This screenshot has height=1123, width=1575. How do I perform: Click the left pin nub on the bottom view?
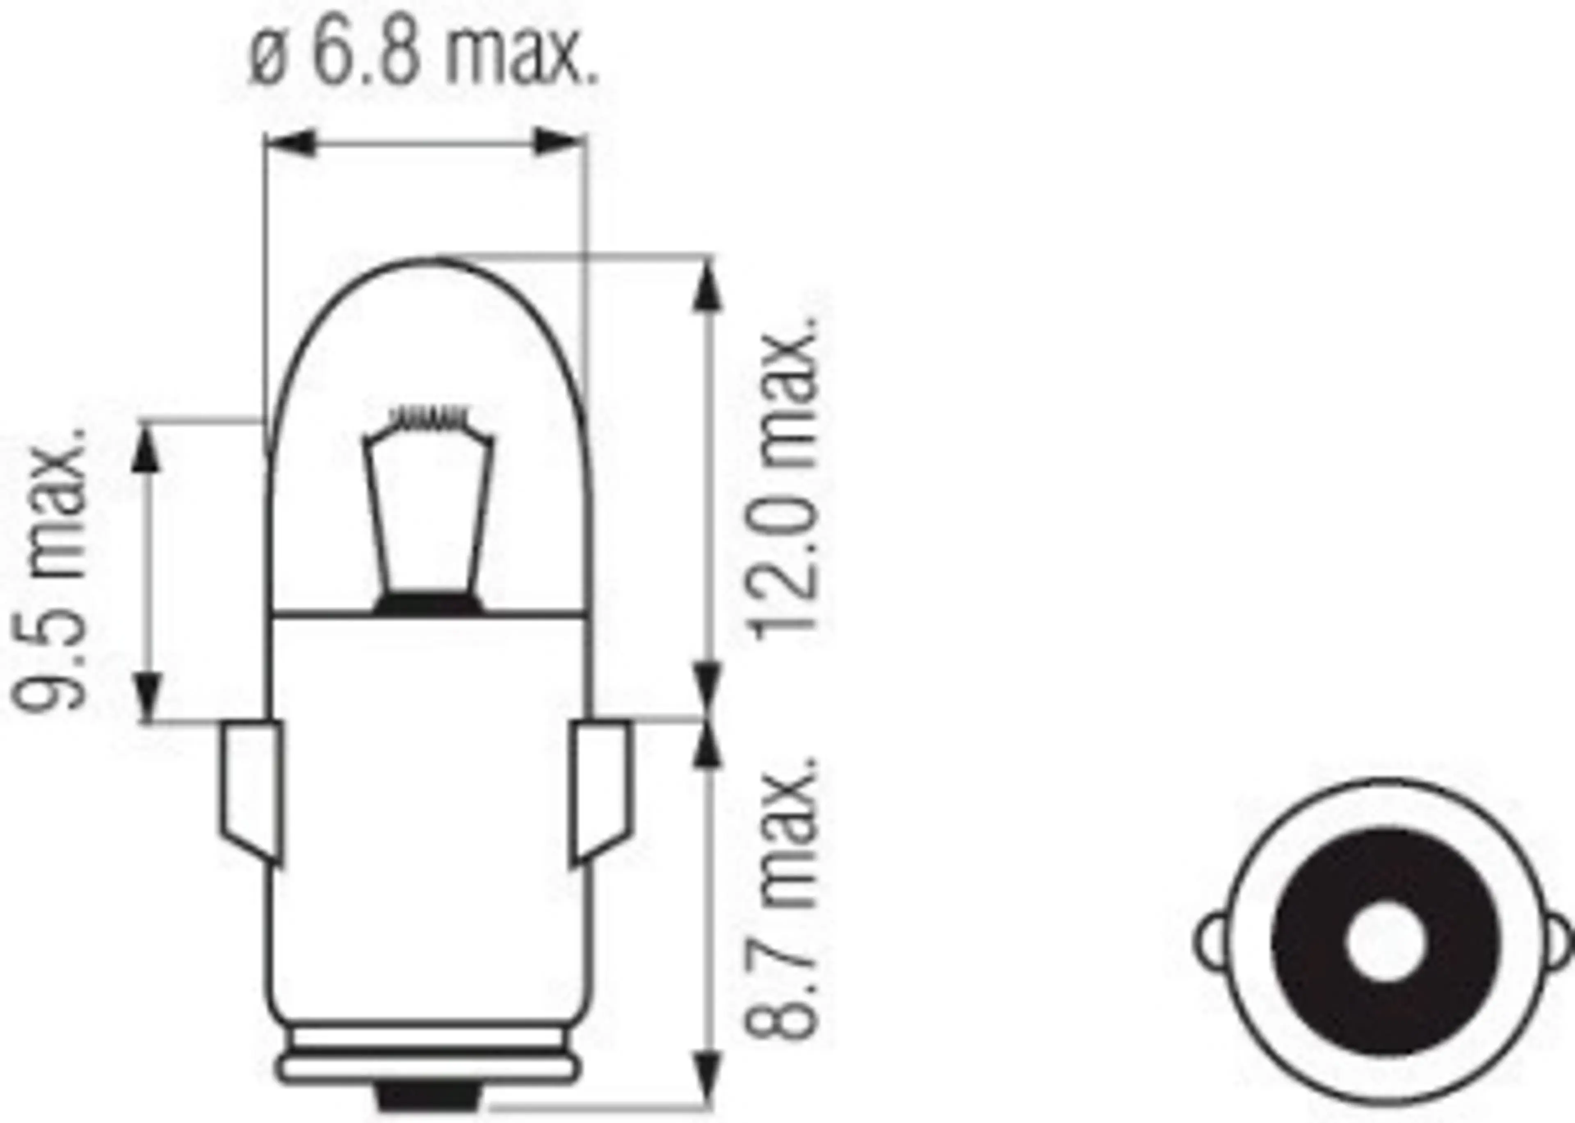pyautogui.click(x=1214, y=941)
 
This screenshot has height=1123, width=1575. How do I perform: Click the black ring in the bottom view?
pyautogui.click(x=1314, y=941)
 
